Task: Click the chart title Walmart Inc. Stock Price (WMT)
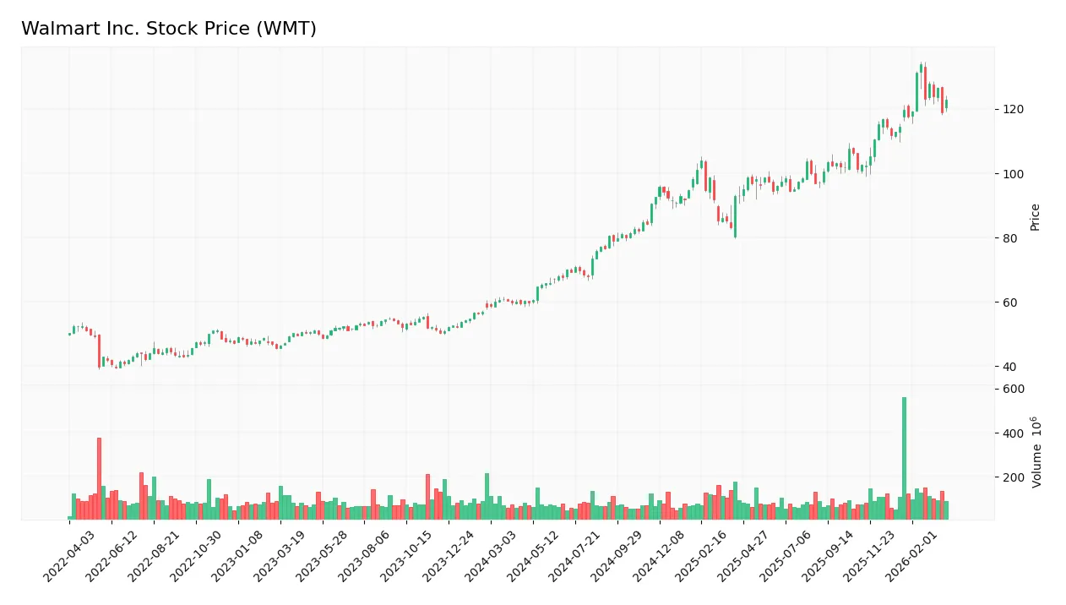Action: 169,29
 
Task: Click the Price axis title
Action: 1035,217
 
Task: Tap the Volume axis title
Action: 1036,451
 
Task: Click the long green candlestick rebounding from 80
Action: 735,216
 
